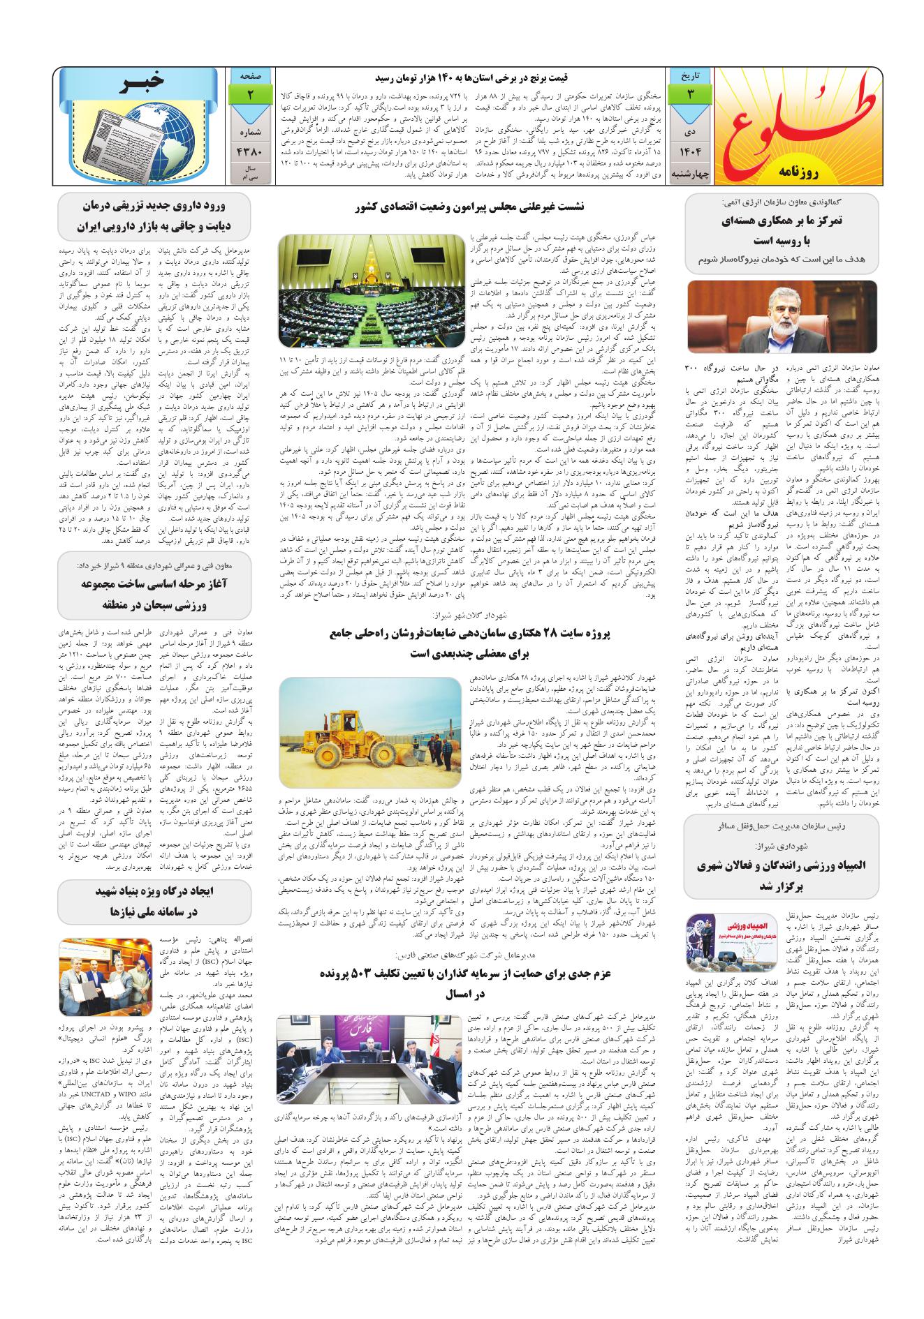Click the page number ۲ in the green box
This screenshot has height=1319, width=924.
point(250,94)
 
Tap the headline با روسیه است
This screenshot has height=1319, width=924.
point(781,241)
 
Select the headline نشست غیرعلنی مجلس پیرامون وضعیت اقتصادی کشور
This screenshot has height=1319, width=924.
point(475,207)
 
